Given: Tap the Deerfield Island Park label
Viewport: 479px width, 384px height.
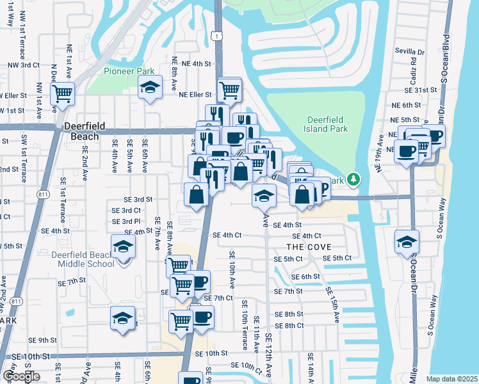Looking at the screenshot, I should click(x=327, y=124).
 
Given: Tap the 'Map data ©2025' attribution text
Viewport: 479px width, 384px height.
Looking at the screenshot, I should click(x=452, y=379).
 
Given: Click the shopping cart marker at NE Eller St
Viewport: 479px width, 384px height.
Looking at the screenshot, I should click(x=229, y=90).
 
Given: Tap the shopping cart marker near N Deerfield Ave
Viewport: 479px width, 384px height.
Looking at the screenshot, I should click(x=62, y=93).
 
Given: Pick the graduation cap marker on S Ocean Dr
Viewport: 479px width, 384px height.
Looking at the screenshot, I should click(x=407, y=242).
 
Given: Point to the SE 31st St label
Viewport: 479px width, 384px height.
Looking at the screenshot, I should click(x=423, y=90).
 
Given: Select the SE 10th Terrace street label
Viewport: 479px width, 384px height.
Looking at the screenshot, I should click(x=244, y=328).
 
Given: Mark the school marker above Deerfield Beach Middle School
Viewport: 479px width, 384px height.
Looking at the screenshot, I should click(x=123, y=246).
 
